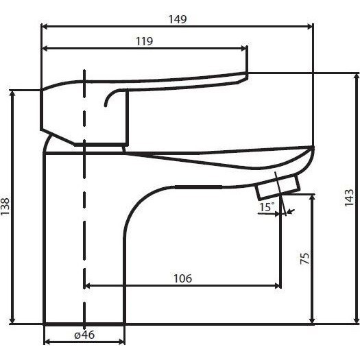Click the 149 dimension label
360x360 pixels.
(x=178, y=19)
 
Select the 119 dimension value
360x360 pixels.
(x=145, y=41)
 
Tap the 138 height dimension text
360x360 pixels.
(x=5, y=206)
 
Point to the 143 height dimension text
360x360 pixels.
(x=349, y=197)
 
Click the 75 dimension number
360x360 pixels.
(x=305, y=259)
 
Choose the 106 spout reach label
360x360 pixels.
(x=182, y=278)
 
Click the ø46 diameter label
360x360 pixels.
(x=84, y=335)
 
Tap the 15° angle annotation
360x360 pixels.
(x=266, y=207)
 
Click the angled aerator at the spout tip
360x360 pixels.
(x=278, y=187)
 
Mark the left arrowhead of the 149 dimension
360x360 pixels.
(x=45, y=27)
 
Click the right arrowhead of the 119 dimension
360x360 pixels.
(x=243, y=49)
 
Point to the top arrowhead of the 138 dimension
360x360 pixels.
(x=12, y=93)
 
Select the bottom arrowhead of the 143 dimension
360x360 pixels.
(x=357, y=321)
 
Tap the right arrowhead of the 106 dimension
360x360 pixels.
(x=278, y=286)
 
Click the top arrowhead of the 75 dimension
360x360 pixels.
(x=312, y=197)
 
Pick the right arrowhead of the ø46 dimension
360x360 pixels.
(x=121, y=342)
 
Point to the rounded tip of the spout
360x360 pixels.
(x=313, y=149)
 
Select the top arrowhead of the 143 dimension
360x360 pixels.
(x=357, y=77)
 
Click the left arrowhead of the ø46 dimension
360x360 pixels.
(x=47, y=342)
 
